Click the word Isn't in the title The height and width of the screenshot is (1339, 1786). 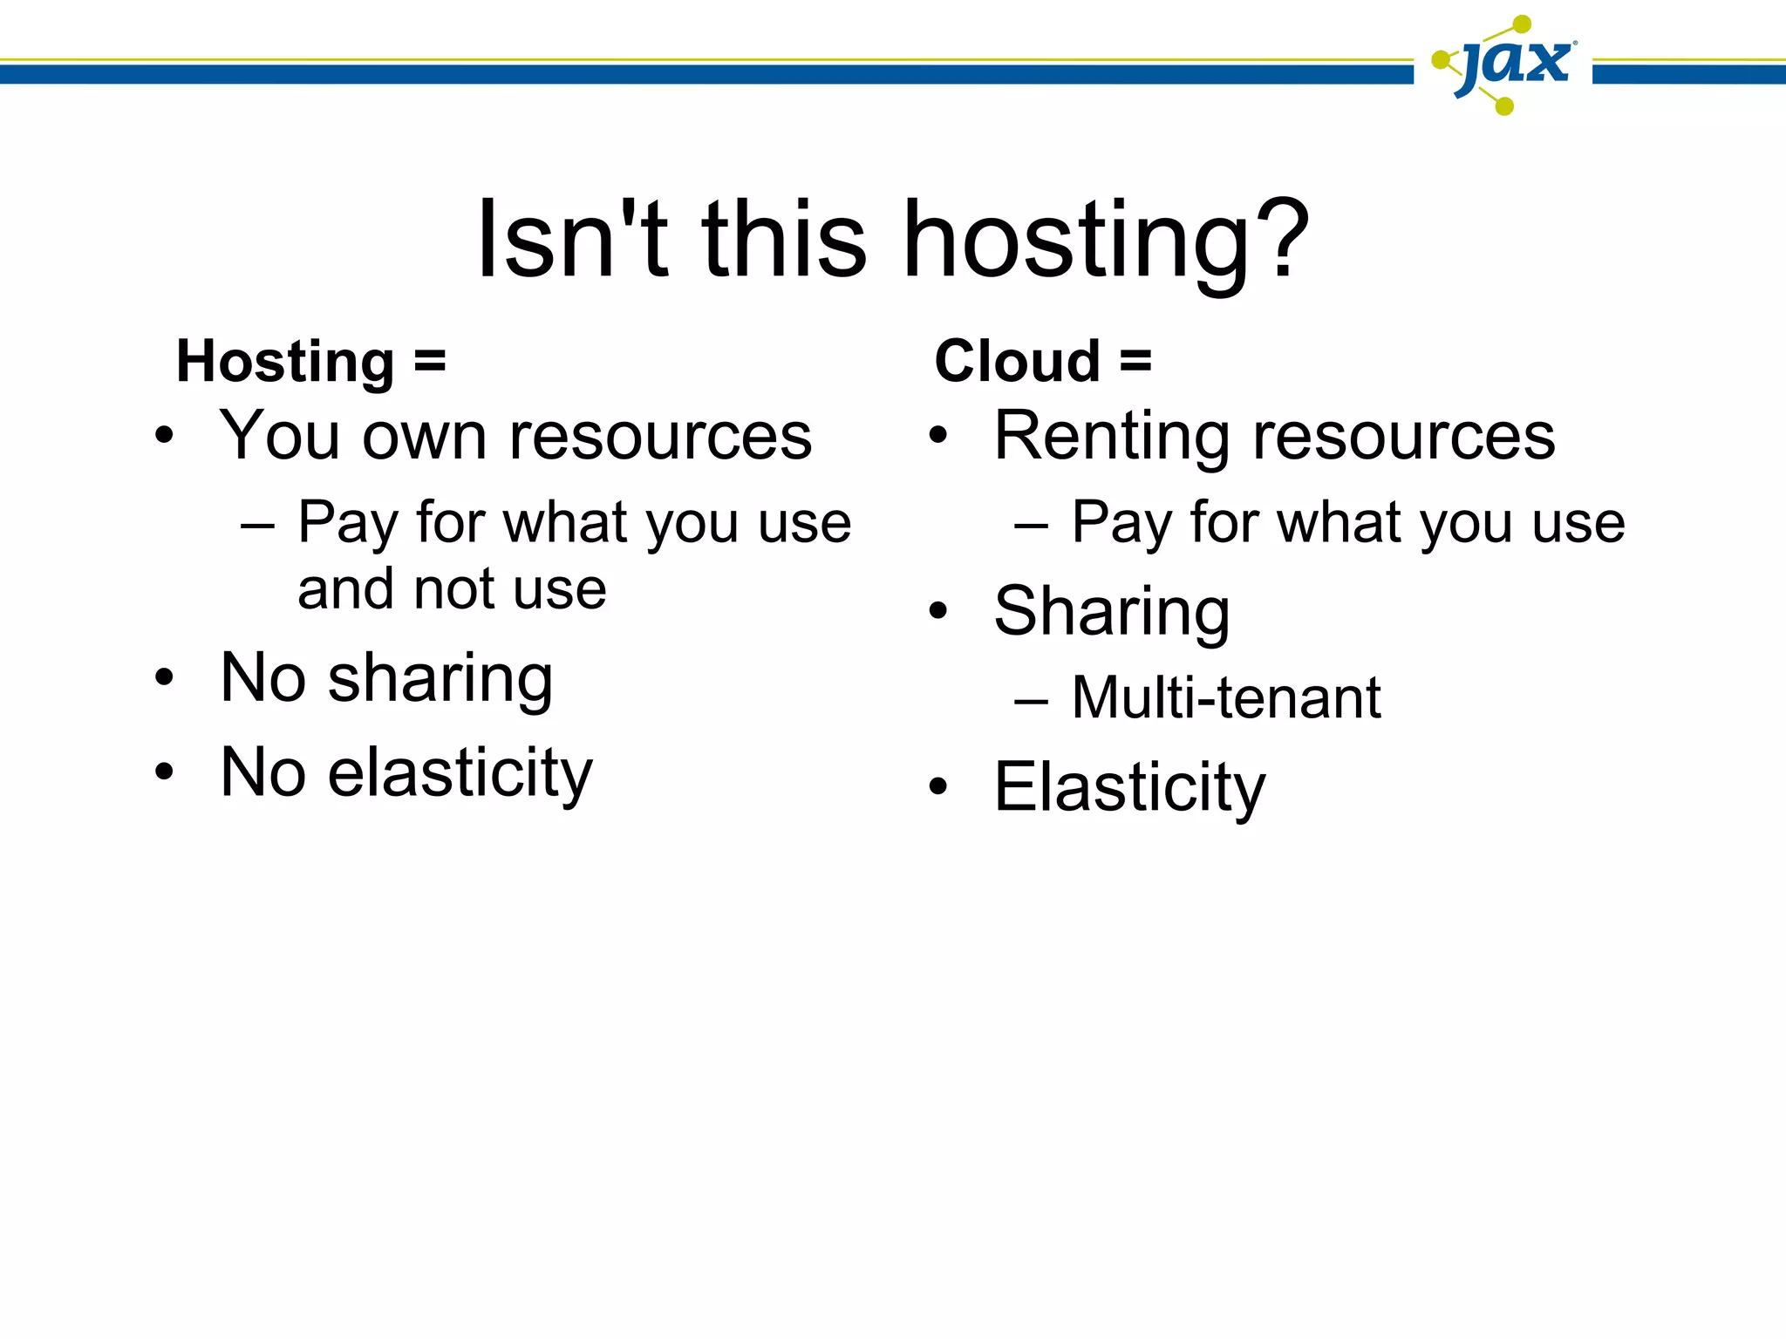point(572,239)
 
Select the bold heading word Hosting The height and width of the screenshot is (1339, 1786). point(286,362)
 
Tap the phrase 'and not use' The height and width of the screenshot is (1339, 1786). point(452,590)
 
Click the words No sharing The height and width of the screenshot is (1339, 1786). point(386,678)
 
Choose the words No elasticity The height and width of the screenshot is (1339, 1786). point(406,773)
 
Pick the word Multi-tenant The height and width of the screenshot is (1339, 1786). point(1226,698)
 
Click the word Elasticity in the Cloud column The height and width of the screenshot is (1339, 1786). point(1129,787)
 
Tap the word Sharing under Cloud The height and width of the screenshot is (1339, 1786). point(1112,612)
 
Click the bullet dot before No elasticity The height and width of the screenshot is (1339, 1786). point(164,771)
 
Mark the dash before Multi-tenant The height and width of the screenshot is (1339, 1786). point(1031,701)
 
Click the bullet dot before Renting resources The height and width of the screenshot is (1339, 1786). point(937,435)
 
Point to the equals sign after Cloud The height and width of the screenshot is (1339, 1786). point(1135,361)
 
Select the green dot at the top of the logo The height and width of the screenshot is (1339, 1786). point(1522,24)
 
